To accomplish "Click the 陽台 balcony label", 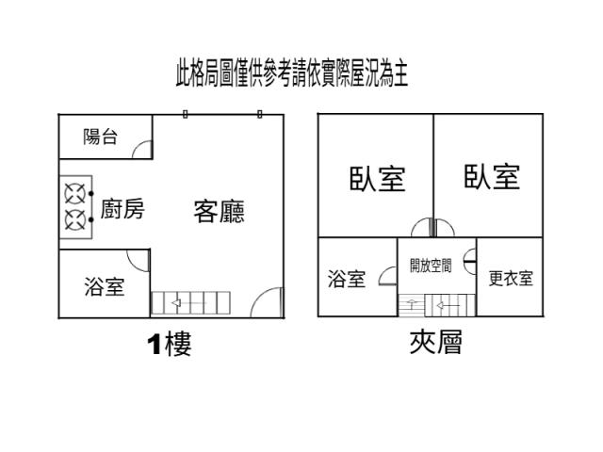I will [x=101, y=137].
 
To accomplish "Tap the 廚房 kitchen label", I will [x=122, y=210].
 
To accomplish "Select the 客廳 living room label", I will [x=220, y=211].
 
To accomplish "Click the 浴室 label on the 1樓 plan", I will [x=104, y=286].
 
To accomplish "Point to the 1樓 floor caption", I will [x=169, y=345].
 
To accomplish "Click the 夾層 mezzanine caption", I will [x=434, y=342].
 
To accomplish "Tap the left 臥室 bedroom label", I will [x=377, y=178].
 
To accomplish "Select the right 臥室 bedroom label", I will [x=492, y=176].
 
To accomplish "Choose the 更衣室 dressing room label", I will [x=511, y=279].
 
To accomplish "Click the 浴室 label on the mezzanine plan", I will [x=346, y=279].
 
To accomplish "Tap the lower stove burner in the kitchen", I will [x=73, y=221].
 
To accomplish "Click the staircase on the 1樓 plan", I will [x=190, y=303].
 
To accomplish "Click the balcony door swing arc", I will [x=141, y=150].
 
